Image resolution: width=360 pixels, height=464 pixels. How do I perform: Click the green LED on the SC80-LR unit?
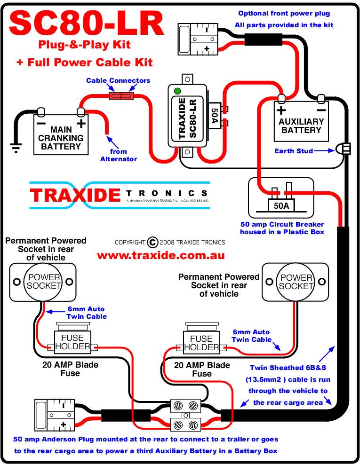[x=177, y=91]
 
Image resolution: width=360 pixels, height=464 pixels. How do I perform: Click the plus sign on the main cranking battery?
[x=81, y=124]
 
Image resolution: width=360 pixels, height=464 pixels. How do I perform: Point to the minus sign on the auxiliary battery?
[x=321, y=111]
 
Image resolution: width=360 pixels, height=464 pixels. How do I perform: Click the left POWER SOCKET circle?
[x=45, y=282]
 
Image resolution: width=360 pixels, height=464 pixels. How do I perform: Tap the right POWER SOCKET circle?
[x=296, y=282]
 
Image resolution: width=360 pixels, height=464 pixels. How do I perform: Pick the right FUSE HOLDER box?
[x=201, y=343]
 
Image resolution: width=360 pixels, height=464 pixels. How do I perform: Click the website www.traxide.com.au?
[x=161, y=256]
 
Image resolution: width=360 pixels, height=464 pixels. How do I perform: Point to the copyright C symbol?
[x=152, y=243]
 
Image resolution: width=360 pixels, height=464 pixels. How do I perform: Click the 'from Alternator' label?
[x=119, y=155]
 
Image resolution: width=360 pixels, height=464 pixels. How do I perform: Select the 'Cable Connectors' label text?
[x=118, y=80]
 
